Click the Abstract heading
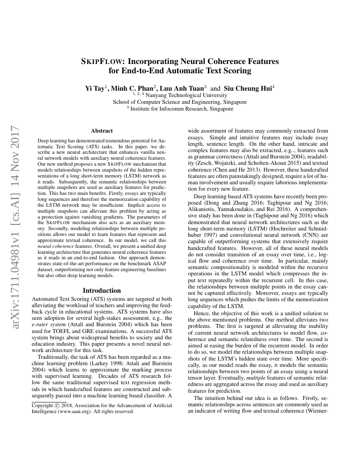point(102,131)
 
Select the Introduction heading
point(102,291)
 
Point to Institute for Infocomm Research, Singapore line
point(181,109)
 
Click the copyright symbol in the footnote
point(58,405)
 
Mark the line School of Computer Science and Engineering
point(180,102)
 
